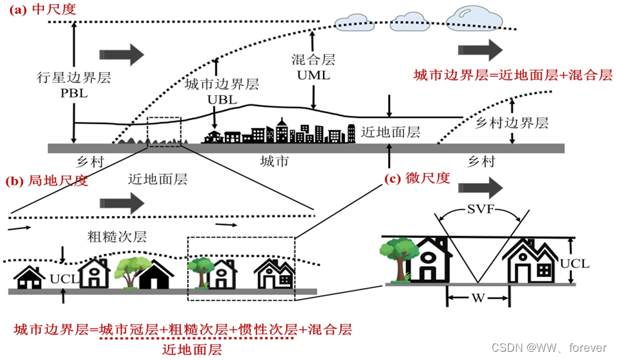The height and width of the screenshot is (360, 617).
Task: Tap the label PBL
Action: (x=73, y=94)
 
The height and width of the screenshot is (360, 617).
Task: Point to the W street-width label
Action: (x=479, y=298)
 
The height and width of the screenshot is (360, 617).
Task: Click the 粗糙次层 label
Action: (x=117, y=237)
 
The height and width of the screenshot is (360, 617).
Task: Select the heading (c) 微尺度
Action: (x=418, y=178)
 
